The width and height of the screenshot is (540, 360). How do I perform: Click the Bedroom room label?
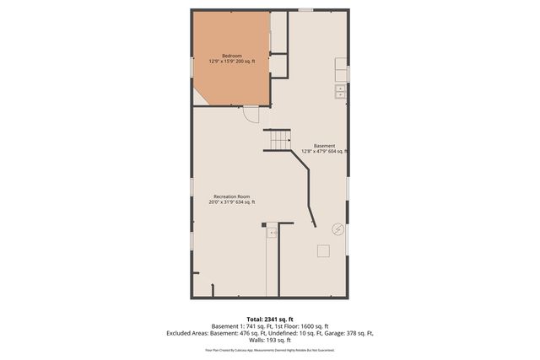coord(231,56)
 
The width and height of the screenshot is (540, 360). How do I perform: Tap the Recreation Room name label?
coord(231,196)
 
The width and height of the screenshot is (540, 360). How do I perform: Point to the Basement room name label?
coord(324,145)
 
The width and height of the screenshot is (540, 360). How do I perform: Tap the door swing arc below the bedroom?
coord(251,114)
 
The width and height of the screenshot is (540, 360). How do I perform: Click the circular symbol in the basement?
coord(337,228)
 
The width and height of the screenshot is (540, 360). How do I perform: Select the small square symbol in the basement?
coord(323,250)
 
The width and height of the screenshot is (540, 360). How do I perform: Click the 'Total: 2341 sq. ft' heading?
coord(269,319)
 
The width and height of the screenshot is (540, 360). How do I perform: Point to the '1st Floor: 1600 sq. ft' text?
coord(304,326)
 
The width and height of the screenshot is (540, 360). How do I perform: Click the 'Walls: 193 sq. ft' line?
coord(269,340)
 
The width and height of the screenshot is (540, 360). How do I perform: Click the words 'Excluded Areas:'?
coord(188,333)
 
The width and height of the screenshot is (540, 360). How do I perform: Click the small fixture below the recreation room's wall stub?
coord(272,234)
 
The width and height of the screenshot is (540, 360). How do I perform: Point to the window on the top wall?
coord(305,10)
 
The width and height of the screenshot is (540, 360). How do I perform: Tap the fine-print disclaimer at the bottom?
coord(269,349)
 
